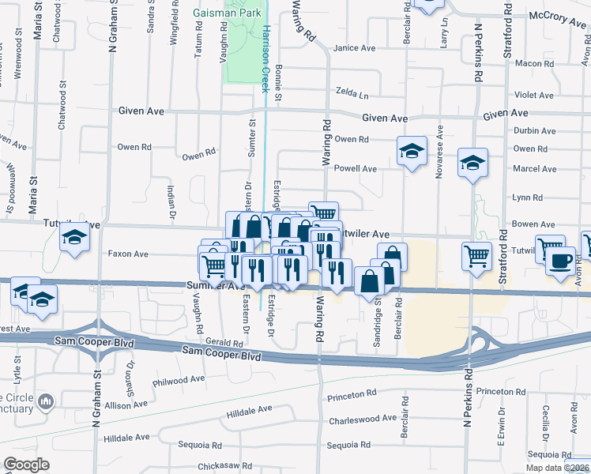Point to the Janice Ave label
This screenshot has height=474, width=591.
[354, 48]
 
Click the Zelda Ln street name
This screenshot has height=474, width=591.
[352, 92]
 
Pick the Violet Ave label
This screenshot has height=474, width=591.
[533, 95]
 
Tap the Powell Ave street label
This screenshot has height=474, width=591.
[356, 168]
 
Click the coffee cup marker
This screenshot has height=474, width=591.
[562, 260]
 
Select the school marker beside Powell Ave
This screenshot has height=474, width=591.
[411, 151]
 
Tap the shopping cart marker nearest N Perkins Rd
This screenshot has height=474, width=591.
[476, 255]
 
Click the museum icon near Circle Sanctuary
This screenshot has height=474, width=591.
[46, 402]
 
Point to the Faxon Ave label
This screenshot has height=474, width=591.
[129, 254]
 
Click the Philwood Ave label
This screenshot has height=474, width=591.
[179, 380]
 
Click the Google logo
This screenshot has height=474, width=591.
[26, 465]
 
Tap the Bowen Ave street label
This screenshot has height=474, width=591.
[533, 225]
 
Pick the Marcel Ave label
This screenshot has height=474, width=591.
[535, 168]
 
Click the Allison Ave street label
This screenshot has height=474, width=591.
[121, 404]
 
